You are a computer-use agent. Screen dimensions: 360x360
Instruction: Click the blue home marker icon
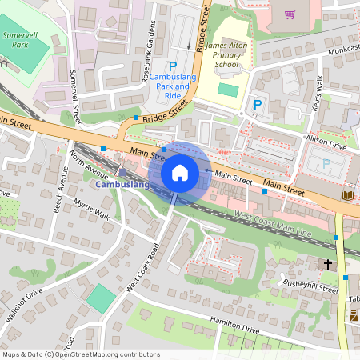180,173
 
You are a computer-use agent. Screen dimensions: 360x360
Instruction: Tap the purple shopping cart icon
290,14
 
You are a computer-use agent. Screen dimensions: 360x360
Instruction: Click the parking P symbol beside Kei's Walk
258,104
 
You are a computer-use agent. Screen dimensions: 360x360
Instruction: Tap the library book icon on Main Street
346,195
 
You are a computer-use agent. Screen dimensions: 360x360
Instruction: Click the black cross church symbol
327,263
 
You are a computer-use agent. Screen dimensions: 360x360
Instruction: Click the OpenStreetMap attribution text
80,354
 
